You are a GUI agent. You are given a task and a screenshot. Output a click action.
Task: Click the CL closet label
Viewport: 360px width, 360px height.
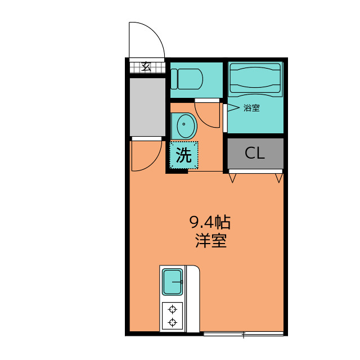(x=255, y=152)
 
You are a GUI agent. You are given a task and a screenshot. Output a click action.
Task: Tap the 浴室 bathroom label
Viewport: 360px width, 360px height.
(x=251, y=108)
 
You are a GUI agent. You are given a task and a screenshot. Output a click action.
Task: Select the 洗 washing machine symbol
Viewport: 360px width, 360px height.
(x=184, y=155)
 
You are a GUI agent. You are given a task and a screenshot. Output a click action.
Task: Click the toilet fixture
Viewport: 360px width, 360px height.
(x=187, y=79)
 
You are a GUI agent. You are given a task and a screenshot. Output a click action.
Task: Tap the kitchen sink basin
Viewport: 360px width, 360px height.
(x=173, y=282)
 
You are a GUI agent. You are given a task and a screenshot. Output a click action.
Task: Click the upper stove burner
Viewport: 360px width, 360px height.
(x=173, y=309)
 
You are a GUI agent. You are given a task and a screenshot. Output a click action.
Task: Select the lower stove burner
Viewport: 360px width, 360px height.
(x=173, y=322)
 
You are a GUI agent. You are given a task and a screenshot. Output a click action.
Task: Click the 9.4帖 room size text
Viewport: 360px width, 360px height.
(x=210, y=222)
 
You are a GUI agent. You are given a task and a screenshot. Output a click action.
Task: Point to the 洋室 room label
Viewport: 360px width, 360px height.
(x=211, y=240)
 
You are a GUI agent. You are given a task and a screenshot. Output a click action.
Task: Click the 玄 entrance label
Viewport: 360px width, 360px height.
(x=146, y=67)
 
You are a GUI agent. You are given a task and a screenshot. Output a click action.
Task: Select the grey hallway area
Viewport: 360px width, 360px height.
(x=147, y=107)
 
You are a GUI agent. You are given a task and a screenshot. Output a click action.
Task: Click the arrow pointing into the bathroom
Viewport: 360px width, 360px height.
(x=233, y=107)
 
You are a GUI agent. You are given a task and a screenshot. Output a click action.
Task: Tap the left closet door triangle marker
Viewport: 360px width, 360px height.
(x=232, y=178)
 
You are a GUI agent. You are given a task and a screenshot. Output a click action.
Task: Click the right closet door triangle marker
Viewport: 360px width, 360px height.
(x=279, y=178)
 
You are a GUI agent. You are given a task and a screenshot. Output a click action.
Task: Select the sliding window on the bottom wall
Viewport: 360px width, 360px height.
(x=244, y=334)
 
